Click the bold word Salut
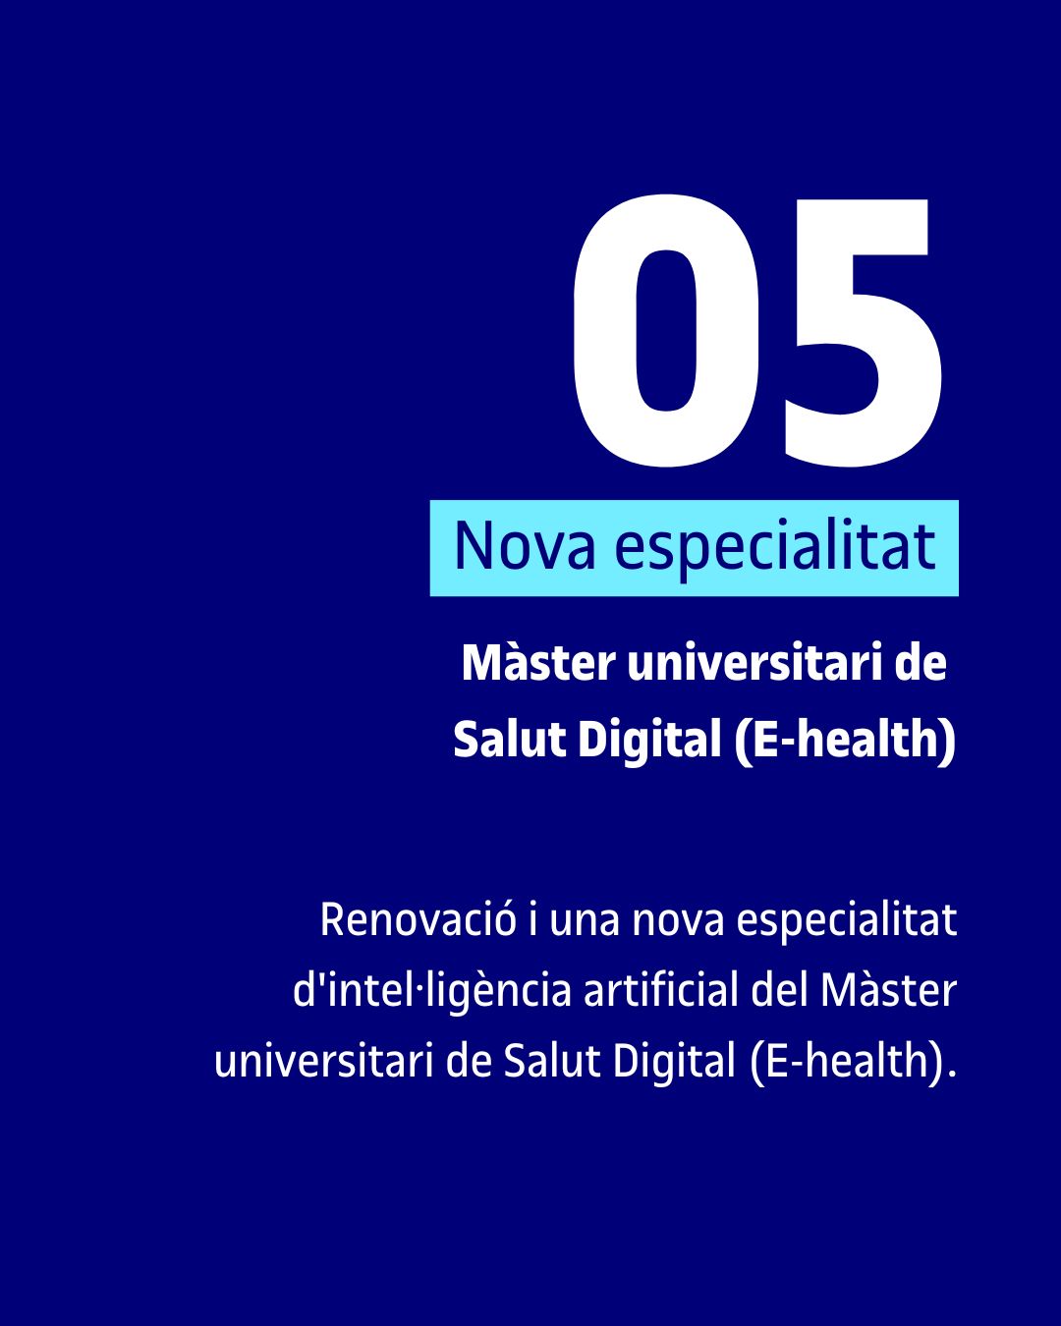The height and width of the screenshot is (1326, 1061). point(508,739)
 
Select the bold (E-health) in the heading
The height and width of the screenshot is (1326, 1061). point(845,739)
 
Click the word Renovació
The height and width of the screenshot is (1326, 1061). point(418,920)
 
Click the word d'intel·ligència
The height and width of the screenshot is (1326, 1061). point(431,990)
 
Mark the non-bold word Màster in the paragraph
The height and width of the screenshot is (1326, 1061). point(888,990)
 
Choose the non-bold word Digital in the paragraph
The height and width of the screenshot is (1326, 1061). point(674,1061)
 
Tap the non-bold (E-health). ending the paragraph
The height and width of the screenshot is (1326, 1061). point(853,1061)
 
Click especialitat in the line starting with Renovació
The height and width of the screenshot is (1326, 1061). point(846,921)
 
